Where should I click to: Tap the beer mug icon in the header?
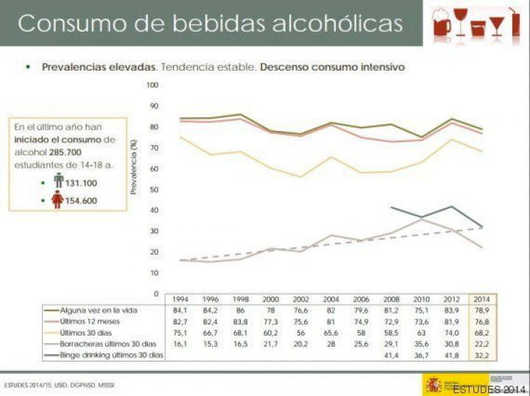tap(442, 25)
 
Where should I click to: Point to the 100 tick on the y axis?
tap(152, 85)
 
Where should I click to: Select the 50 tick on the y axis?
tap(154, 190)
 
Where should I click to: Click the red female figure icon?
tap(58, 199)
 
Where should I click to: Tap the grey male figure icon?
tap(58, 180)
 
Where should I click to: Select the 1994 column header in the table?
tap(180, 300)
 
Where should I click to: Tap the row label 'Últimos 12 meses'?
tap(89, 322)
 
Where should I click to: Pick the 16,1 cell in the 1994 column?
tap(180, 344)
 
